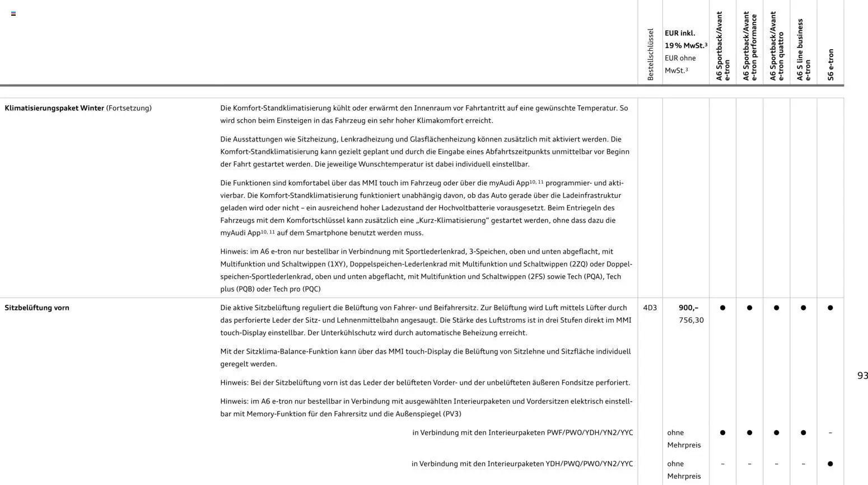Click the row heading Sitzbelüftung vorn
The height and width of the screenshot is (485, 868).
(x=37, y=308)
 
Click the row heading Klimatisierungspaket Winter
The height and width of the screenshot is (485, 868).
(x=54, y=108)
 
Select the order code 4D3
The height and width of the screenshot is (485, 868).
(x=650, y=308)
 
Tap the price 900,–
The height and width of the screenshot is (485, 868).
(x=688, y=308)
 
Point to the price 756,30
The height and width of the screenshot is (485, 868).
(x=691, y=320)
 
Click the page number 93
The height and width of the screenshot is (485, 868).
(x=862, y=375)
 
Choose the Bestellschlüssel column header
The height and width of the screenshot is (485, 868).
(x=650, y=54)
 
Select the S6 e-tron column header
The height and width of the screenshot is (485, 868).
(x=830, y=64)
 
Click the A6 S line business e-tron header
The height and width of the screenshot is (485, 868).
(x=804, y=50)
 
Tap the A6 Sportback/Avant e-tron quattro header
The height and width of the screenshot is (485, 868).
(x=777, y=46)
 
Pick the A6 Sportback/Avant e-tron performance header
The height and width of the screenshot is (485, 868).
(x=750, y=46)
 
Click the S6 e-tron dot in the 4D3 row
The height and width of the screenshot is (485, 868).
(x=830, y=308)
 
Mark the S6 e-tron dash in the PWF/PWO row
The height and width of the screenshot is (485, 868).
(x=830, y=432)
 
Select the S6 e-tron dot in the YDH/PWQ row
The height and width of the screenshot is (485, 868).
(x=830, y=464)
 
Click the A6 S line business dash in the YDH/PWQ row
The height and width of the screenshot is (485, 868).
(x=803, y=464)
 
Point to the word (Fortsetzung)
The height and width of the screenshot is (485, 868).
(x=129, y=108)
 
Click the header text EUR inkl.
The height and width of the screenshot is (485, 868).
(x=680, y=33)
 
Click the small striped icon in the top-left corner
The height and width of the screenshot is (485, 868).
(x=13, y=13)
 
